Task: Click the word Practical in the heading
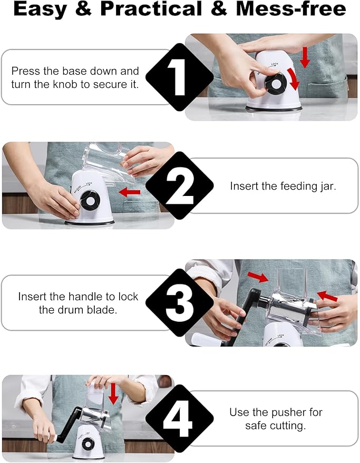(x=151, y=9)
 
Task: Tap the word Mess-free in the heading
(x=291, y=9)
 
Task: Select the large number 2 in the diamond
(x=179, y=186)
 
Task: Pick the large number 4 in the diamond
(x=178, y=418)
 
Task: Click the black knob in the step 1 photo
(x=276, y=83)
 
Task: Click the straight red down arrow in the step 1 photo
(x=305, y=57)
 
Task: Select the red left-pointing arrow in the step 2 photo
(x=130, y=192)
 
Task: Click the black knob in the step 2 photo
(x=90, y=201)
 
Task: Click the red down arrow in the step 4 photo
(x=113, y=393)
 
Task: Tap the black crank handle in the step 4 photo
(x=69, y=425)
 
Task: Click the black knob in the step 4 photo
(x=88, y=445)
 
